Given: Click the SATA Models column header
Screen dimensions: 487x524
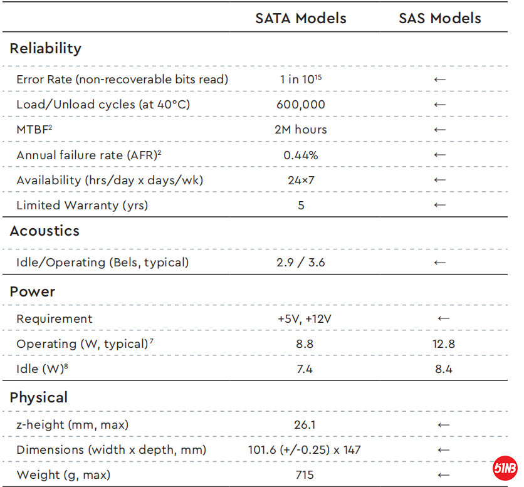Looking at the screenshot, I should pos(300,18).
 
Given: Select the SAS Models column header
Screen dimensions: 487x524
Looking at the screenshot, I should pos(439,18).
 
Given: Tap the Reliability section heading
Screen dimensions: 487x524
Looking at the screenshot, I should pos(46,48).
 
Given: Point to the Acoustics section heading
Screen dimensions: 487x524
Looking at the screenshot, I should pos(45,231).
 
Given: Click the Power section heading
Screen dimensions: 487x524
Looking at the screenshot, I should pos(33,291).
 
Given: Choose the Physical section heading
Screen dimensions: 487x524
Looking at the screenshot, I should pos(39,397).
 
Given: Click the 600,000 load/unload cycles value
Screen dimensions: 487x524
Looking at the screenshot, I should pos(301,105).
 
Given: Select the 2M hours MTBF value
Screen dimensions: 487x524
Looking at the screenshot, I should pos(301,130).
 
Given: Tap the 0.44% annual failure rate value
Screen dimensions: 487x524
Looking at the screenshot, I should pos(301,155).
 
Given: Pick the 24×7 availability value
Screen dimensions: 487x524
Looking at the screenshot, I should pos(301,180).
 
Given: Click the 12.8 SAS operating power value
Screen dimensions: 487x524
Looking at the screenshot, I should pos(443,343).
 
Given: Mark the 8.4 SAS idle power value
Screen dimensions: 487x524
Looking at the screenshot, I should pos(443,369).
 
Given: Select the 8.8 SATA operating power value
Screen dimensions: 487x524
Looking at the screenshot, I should pos(304,343).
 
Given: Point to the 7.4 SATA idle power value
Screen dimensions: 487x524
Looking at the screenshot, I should pos(304,369).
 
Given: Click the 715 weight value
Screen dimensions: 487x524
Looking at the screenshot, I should pos(304,474).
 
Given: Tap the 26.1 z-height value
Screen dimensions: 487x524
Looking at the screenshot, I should pos(304,424).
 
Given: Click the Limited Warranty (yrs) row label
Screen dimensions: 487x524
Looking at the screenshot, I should pos(82,205).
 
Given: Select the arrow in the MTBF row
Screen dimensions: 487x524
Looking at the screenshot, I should pos(439,130).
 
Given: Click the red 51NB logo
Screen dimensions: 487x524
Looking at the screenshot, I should pos(505,468).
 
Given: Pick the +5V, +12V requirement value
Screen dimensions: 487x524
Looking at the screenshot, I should pos(304,318).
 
